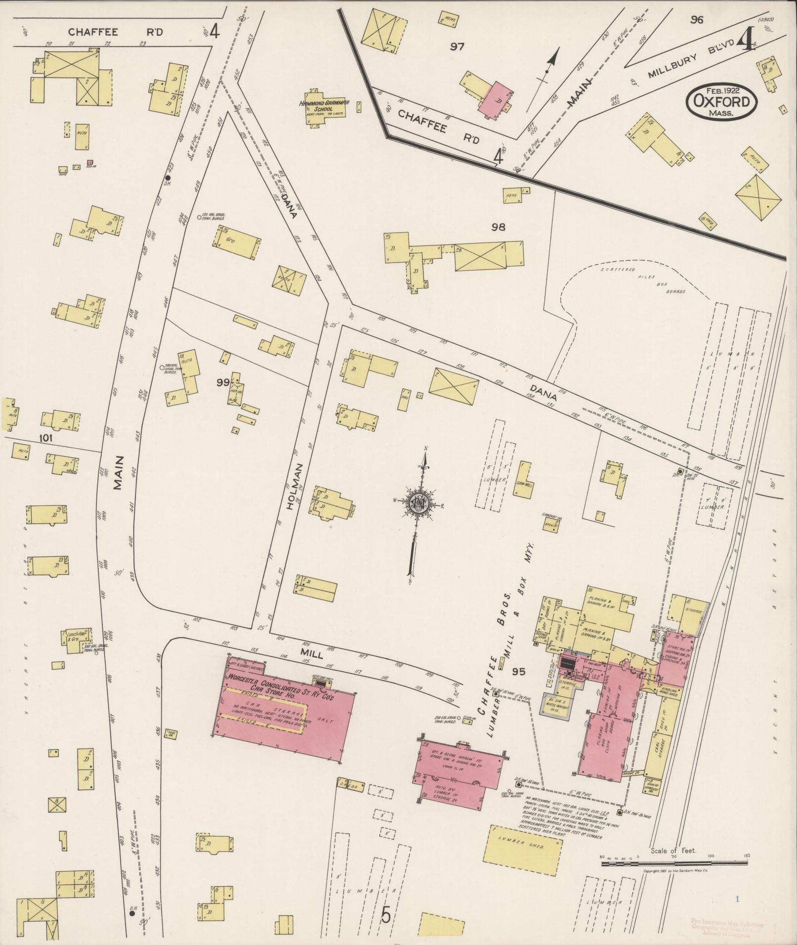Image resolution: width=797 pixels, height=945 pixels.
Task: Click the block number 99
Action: pos(223,382)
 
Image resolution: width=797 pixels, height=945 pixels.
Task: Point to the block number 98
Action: pos(498,227)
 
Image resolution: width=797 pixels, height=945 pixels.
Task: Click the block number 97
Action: pos(458,46)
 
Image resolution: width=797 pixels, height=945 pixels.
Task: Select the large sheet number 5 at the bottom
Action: pos(386,915)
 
